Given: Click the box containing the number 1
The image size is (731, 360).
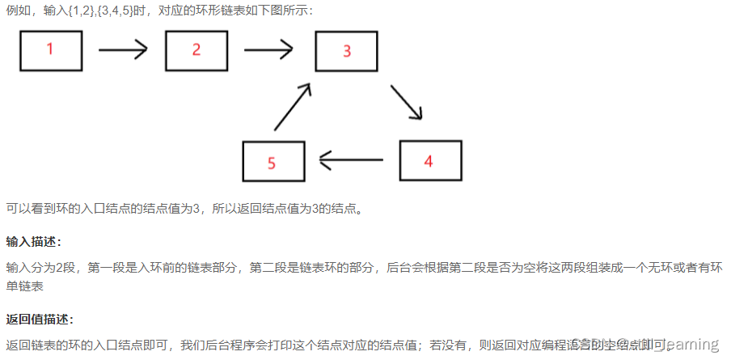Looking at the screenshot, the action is tap(51, 50).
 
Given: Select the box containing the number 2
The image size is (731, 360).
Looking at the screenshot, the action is tap(196, 50).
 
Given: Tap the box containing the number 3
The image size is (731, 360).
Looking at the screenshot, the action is tap(346, 51).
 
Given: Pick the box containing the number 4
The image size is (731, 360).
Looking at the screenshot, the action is tap(430, 160).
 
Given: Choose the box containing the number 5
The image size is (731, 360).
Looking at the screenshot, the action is tap(273, 162).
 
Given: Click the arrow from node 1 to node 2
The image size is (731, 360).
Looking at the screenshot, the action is tap(123, 50).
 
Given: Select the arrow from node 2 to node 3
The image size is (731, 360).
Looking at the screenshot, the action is tap(268, 50).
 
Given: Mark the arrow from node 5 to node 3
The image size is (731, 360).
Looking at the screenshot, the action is tap(293, 107).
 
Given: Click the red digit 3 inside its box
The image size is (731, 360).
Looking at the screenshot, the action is tap(347, 52).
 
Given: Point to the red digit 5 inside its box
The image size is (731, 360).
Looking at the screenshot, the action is tap(272, 163).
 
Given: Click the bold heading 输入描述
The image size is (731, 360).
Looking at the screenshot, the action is tap(33, 242).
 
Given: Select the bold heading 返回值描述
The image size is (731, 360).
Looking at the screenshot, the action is tap(39, 319).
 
